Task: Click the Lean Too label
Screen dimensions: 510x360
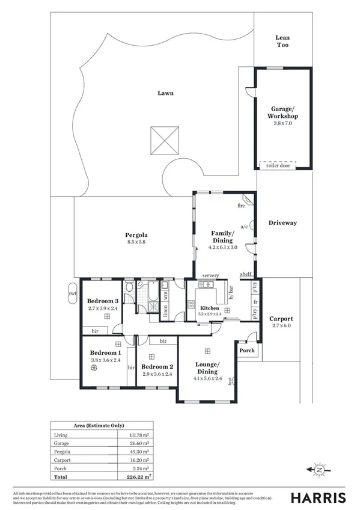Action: pyautogui.click(x=282, y=41)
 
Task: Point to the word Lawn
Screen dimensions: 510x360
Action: pyautogui.click(x=166, y=93)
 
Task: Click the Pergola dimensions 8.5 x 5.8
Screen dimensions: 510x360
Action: pyautogui.click(x=136, y=242)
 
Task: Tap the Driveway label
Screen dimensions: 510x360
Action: pyautogui.click(x=282, y=223)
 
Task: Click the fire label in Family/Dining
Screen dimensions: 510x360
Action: pyautogui.click(x=241, y=206)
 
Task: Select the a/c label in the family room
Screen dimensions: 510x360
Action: pyautogui.click(x=244, y=227)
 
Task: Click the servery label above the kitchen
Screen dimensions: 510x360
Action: pyautogui.click(x=210, y=275)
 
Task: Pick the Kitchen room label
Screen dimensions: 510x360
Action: pyautogui.click(x=210, y=308)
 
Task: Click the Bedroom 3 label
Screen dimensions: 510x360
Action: pyautogui.click(x=102, y=301)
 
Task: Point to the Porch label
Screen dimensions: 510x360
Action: pyautogui.click(x=246, y=351)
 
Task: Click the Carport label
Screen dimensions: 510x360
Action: pyautogui.click(x=281, y=319)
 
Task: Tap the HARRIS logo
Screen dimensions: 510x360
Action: pyautogui.click(x=319, y=497)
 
